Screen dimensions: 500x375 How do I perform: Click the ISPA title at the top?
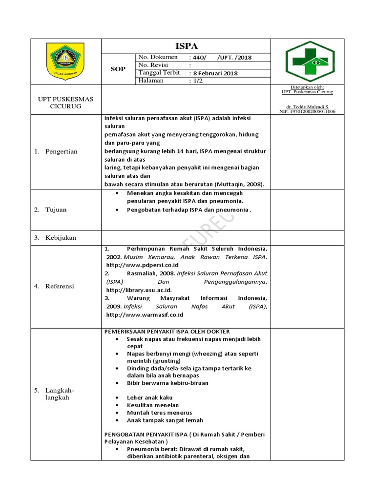point(186,46)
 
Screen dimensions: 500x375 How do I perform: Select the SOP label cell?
point(117,69)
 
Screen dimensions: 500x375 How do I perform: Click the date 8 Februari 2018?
point(214,73)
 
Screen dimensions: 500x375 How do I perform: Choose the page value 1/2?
point(196,81)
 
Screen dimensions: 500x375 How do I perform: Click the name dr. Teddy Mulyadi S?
point(307,106)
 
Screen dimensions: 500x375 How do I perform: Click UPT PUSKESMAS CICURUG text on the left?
point(65,103)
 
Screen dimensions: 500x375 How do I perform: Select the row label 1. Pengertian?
point(56,152)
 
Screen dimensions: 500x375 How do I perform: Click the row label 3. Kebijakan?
point(55,238)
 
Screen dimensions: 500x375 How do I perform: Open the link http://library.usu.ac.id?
point(139,290)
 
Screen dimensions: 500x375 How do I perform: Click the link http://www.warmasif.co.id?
point(144,315)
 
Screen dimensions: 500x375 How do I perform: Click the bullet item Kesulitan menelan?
point(153,405)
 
